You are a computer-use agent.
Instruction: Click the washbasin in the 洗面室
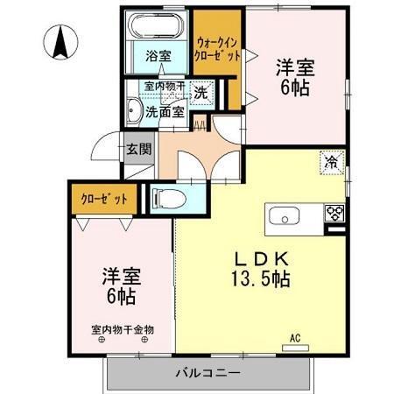coord(134,110)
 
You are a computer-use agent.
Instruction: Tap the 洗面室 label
coord(165,111)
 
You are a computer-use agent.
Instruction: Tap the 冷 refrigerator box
coord(332,161)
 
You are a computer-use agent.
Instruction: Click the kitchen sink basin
coord(285,216)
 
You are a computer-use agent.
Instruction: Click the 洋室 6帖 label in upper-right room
coord(296,76)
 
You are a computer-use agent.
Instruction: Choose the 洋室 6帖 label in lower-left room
coord(123,285)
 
